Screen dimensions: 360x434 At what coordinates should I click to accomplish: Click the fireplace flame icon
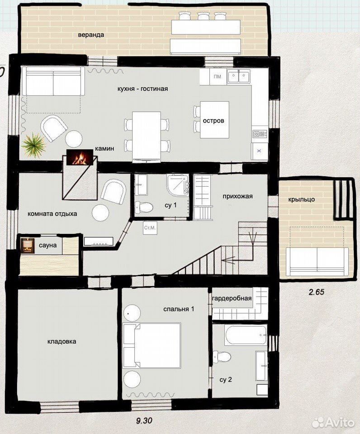(79, 157)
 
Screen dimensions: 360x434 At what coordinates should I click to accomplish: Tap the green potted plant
(33, 145)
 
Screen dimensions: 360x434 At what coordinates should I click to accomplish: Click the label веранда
(91, 35)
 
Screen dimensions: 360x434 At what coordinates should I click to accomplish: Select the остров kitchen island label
(213, 121)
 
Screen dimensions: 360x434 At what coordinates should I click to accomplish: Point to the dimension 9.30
(144, 421)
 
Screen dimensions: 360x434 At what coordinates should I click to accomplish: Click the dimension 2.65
(316, 292)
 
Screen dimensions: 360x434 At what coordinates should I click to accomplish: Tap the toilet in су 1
(144, 207)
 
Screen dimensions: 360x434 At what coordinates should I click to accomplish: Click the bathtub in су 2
(246, 335)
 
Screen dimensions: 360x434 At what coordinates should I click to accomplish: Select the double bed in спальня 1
(152, 345)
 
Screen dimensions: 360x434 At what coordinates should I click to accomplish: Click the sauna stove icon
(28, 245)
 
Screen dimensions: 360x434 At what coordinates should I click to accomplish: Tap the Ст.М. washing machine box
(150, 228)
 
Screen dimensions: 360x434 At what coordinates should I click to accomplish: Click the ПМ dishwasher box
(218, 76)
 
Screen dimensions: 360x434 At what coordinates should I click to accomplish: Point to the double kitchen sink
(238, 76)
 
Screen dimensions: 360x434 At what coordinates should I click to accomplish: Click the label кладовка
(62, 342)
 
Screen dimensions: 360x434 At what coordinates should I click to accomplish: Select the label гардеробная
(232, 298)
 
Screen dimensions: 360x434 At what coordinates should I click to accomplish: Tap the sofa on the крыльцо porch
(317, 262)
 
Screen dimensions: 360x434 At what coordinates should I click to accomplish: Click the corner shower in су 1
(178, 185)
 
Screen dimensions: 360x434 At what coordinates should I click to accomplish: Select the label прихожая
(237, 196)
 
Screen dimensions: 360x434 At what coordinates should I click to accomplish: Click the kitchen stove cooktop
(260, 134)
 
